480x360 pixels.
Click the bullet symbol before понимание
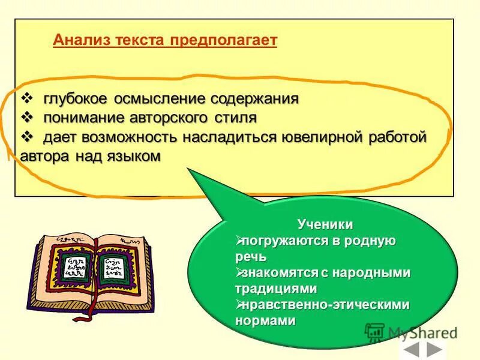28,117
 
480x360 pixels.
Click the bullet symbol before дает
28,137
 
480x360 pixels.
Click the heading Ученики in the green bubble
325,224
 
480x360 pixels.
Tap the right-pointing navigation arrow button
435,350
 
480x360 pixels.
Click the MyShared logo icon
374,332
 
